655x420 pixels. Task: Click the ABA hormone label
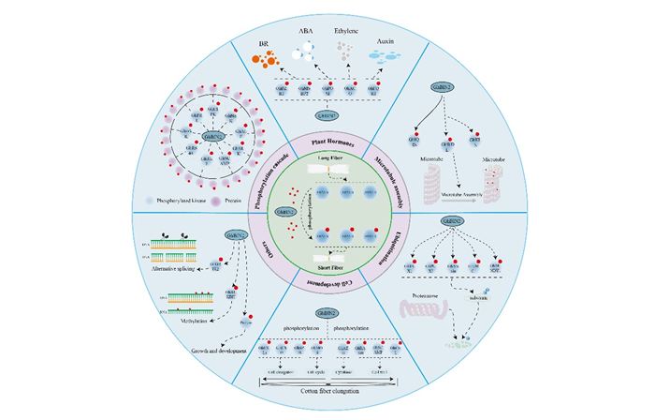[x=307, y=31]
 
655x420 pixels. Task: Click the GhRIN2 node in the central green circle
[x=281, y=212]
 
